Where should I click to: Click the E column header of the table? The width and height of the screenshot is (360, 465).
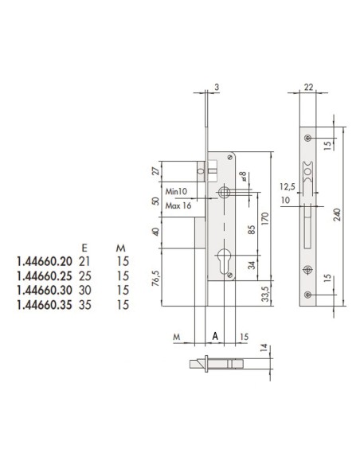pyautogui.click(x=85, y=246)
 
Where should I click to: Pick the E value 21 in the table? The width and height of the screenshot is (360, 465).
pyautogui.click(x=86, y=260)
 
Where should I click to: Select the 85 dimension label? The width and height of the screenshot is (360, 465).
pyautogui.click(x=251, y=234)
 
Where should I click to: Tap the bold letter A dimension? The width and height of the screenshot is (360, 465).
pyautogui.click(x=215, y=336)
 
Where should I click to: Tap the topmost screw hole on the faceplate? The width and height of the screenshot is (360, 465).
pyautogui.click(x=307, y=139)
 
